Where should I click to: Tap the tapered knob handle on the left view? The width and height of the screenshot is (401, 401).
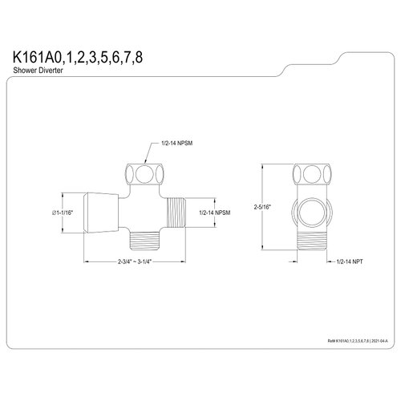pyautogui.click(x=99, y=211)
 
